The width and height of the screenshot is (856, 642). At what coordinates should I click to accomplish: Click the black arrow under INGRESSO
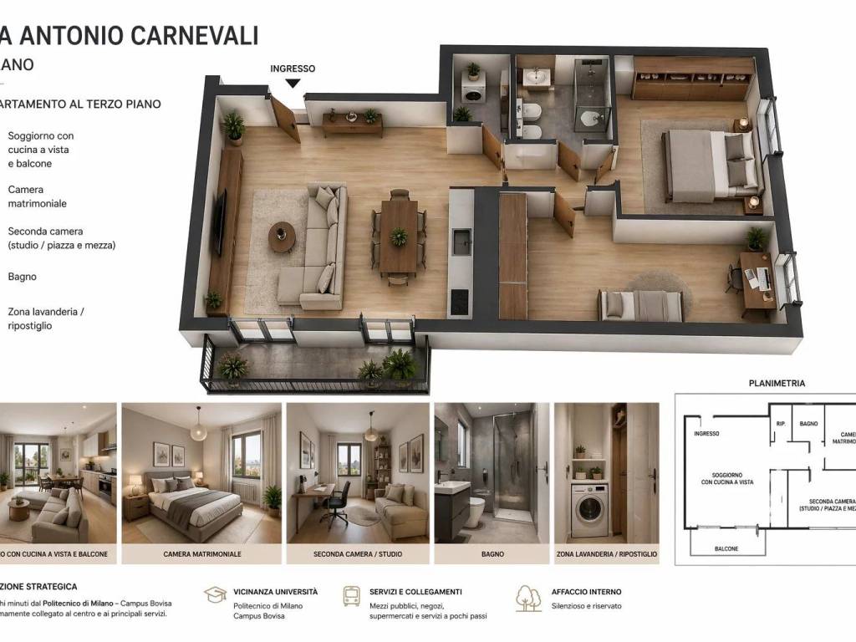click(293, 83)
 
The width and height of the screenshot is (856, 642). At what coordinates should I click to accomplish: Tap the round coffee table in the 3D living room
click(282, 235)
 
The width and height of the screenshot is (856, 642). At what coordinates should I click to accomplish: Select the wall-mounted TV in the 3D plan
click(219, 222)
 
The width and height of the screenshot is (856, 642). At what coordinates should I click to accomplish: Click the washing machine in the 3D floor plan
click(473, 90)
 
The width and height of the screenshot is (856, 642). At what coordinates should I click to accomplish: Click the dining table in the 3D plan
click(399, 237)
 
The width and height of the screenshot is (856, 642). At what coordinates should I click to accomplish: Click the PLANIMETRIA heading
click(777, 384)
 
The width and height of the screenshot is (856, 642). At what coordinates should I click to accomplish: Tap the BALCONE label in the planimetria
click(726, 548)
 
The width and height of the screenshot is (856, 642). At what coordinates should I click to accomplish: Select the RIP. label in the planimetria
click(780, 424)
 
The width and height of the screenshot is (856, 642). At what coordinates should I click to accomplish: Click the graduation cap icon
click(215, 594)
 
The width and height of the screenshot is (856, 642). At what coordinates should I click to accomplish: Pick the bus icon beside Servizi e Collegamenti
click(352, 596)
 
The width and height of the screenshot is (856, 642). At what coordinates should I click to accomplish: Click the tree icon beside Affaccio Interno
click(528, 597)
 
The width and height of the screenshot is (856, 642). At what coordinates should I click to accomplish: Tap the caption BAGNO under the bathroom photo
click(492, 554)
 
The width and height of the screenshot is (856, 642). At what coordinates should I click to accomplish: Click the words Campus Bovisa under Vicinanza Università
click(259, 616)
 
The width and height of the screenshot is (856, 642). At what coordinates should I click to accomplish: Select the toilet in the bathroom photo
click(474, 510)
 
